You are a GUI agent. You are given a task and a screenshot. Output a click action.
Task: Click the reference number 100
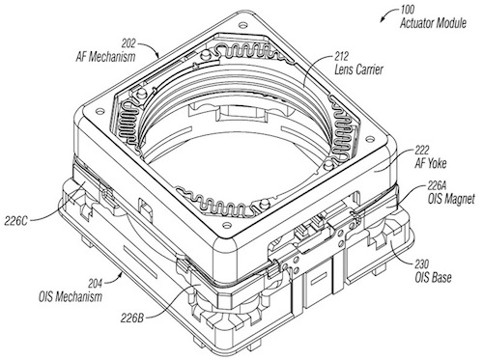point(408,10)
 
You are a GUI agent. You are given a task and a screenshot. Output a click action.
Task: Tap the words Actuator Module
point(433,23)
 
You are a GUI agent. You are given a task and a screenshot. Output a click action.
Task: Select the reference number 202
point(128,43)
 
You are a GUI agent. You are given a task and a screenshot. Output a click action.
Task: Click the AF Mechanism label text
point(105,57)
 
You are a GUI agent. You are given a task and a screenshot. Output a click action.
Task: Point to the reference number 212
point(342,57)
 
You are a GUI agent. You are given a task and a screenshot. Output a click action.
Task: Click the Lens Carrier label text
point(358,69)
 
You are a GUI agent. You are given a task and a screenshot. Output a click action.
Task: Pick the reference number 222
point(422,150)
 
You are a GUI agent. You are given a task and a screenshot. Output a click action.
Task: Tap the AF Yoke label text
point(431,164)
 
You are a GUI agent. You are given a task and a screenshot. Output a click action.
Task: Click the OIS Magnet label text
point(451,199)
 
